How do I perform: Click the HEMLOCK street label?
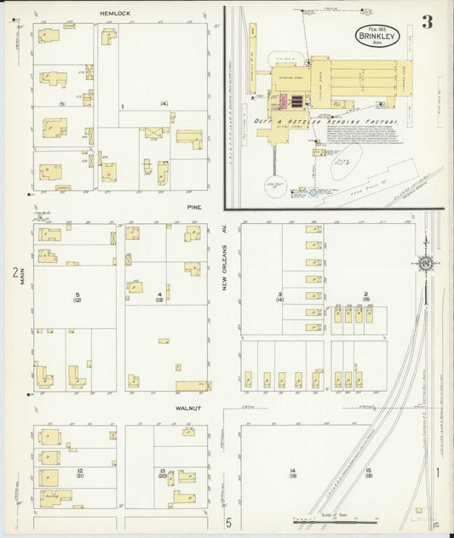[114, 14]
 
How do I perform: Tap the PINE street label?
[194, 205]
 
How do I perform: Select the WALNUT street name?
[187, 408]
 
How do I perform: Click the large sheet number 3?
[427, 22]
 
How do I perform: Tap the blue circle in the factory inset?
[313, 193]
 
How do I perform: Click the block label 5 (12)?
[77, 297]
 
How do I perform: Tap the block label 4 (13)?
[159, 297]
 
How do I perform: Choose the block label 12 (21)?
[79, 473]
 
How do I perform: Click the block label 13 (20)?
[161, 473]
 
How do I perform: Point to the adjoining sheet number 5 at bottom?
[228, 523]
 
